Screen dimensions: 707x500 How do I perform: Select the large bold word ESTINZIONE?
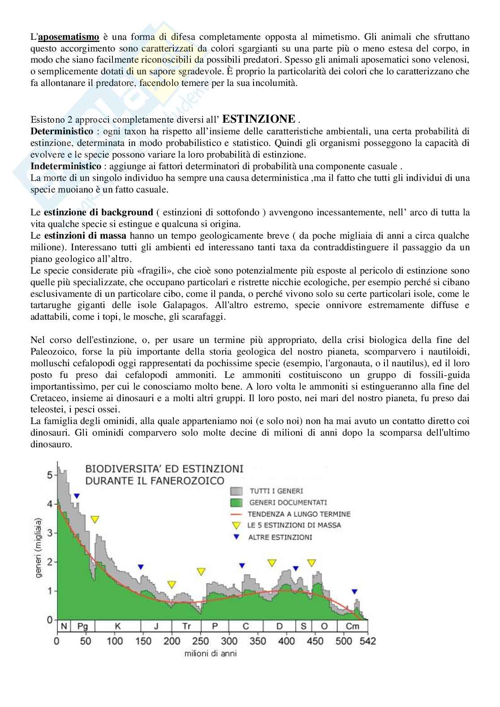(x=259, y=119)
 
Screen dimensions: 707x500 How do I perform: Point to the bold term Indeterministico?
(x=65, y=166)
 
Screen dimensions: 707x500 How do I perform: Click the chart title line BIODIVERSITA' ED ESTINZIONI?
(x=164, y=469)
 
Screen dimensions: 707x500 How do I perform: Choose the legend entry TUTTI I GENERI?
(x=276, y=491)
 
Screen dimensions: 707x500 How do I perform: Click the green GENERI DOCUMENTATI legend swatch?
(x=236, y=503)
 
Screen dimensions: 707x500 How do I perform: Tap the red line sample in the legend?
(x=236, y=514)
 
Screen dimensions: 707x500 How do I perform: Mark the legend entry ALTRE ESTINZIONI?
(x=280, y=537)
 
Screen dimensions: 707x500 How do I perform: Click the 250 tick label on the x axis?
(x=201, y=641)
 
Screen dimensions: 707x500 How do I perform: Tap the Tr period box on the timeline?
(x=187, y=626)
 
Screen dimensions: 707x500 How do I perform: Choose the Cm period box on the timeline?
(x=352, y=626)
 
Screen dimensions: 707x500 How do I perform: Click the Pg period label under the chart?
(x=82, y=626)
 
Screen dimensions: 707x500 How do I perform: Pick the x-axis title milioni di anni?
(x=210, y=653)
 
